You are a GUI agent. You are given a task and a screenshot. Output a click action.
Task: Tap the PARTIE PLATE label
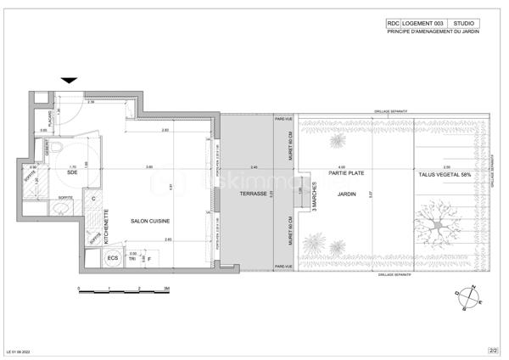(x=342, y=176)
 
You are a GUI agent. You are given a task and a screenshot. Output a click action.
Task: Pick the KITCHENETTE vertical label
(x=106, y=227)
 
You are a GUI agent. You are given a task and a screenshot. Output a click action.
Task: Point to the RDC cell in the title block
(x=394, y=24)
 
